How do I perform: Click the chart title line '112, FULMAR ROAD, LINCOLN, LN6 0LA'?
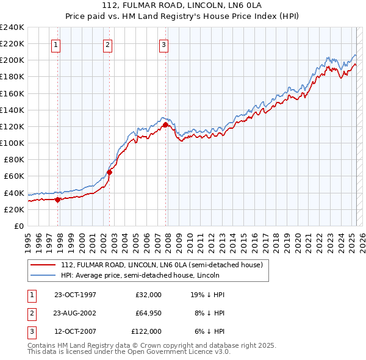pos(182,5)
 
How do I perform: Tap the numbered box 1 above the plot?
pos(56,44)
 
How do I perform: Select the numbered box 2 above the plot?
pos(107,44)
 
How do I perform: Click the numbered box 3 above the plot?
pos(164,44)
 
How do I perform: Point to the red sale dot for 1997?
pos(58,199)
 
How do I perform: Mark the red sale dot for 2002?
pos(110,172)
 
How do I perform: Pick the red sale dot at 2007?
pos(165,124)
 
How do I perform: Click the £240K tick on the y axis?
pos(12,27)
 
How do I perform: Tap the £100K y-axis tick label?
pos(12,143)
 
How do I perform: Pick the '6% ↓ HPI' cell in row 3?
pos(208,331)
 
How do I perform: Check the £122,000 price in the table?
pos(146,331)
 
